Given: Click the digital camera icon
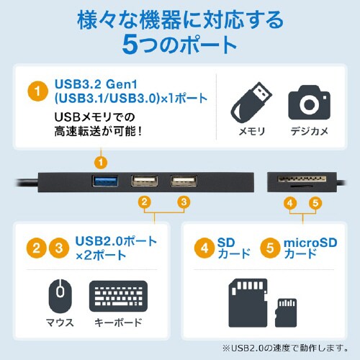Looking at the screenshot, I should pos(308,104).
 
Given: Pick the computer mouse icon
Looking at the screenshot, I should pos(60,295).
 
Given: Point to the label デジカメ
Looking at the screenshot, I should pos(309,131).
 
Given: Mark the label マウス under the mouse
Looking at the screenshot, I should pos(60,322).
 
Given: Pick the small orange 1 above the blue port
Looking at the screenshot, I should pos(102,162).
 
